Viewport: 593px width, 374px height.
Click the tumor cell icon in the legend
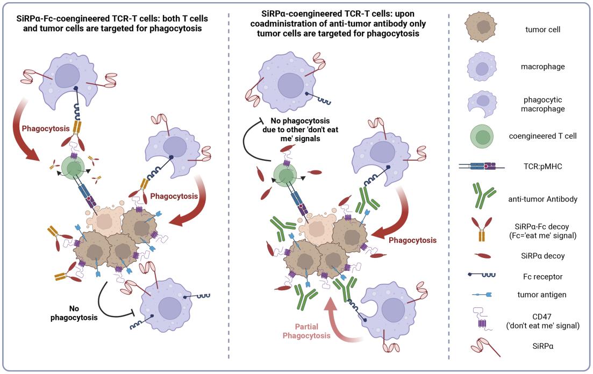[x=481, y=26]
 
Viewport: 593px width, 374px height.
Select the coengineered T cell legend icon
[x=482, y=136]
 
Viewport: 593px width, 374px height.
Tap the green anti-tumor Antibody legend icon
[x=484, y=196]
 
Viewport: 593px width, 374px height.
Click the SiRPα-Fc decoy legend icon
[x=482, y=229]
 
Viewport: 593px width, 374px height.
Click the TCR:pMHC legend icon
[x=482, y=166]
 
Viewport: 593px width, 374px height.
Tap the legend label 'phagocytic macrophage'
[x=542, y=104]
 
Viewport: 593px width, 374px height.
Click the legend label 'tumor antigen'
[x=542, y=294]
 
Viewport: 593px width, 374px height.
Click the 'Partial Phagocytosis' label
[x=306, y=331]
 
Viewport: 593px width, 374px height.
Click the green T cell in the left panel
[x=74, y=167]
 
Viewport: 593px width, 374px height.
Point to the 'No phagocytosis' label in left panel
[x=74, y=313]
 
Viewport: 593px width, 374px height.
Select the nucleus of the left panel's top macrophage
[x=67, y=76]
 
